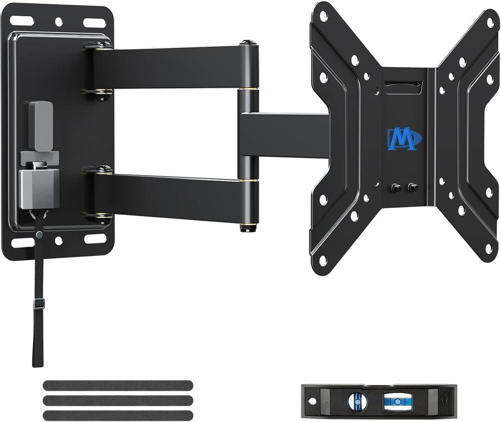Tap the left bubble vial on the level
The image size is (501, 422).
[356, 401]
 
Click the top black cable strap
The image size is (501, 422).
[118, 385]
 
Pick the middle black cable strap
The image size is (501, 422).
[118, 400]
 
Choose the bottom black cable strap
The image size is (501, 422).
[118, 415]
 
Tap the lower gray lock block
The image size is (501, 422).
[39, 188]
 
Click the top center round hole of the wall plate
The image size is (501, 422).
[59, 21]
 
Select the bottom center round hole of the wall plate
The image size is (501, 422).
[58, 240]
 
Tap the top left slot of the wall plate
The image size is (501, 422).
[22, 21]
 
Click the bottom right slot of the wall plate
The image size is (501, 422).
[95, 239]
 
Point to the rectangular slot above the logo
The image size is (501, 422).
[403, 87]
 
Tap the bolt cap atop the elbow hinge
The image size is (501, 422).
[249, 43]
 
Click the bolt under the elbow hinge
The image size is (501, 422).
[247, 228]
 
